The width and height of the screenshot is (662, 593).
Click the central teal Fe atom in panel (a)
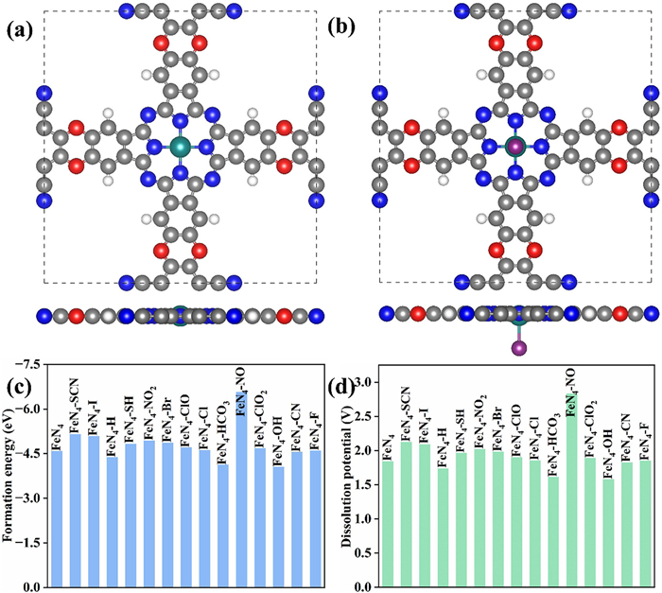181,147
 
